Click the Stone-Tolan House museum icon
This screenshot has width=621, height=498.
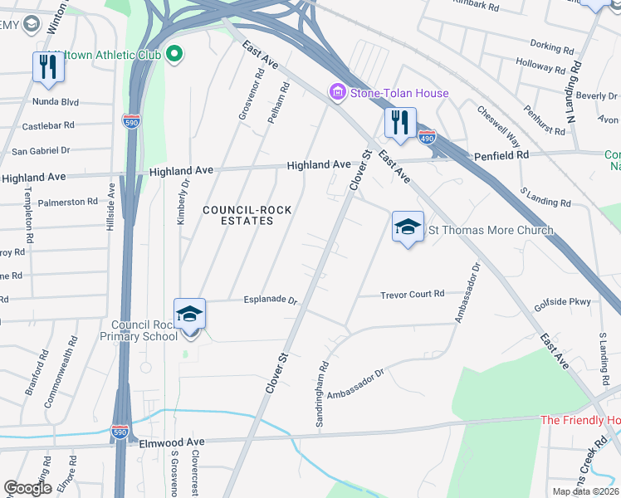[338, 92]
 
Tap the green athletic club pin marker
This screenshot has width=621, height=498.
[174, 55]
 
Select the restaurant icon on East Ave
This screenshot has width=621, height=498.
[400, 123]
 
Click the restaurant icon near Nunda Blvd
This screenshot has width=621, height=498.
[46, 67]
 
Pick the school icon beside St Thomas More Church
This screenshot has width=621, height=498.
[408, 227]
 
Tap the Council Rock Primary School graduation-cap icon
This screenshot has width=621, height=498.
[190, 315]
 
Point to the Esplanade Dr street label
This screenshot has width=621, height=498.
[270, 300]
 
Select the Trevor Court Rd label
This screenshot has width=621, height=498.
[413, 295]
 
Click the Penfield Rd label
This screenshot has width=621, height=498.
[501, 155]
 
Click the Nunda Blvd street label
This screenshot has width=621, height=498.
[55, 102]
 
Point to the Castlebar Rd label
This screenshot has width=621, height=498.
[48, 126]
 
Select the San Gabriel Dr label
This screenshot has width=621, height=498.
[41, 151]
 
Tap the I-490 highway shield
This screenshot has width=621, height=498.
[427, 136]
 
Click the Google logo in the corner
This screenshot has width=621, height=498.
[27, 487]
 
